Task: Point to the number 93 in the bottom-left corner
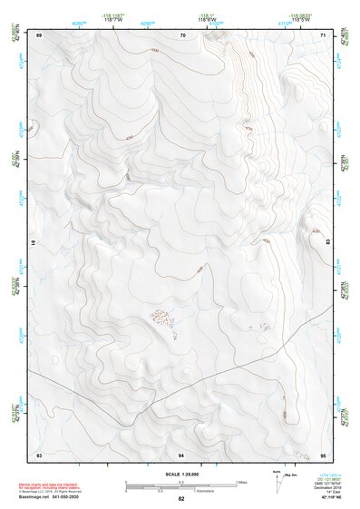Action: tap(39, 453)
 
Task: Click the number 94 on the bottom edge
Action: tap(181, 453)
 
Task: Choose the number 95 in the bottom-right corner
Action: tap(324, 453)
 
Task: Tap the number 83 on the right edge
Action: tap(327, 242)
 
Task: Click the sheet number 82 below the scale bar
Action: tap(181, 498)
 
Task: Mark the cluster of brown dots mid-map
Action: tap(162, 318)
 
